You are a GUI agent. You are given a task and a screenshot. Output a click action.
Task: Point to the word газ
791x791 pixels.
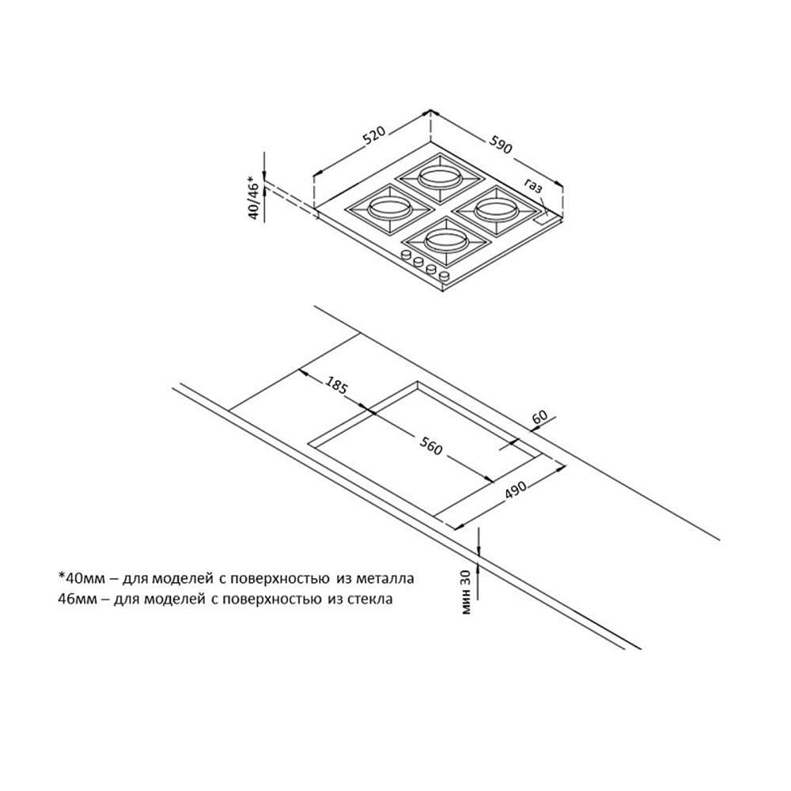pos(533,187)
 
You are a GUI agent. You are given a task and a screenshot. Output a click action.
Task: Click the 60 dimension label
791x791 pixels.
pos(541,416)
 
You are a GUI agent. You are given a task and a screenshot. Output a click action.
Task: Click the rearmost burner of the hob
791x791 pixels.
pos(437,176)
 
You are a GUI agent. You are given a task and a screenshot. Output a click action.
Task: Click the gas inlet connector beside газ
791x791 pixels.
pos(545,213)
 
